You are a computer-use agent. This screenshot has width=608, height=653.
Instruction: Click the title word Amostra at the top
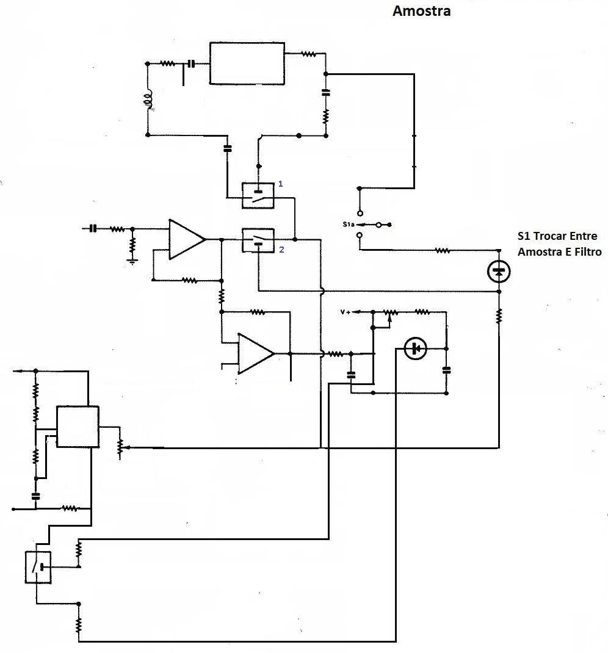point(421,10)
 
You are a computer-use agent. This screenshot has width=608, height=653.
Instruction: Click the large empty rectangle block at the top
point(247,63)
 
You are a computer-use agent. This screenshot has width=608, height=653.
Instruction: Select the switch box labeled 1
point(258,195)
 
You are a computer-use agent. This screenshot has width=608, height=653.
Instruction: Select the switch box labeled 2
point(258,240)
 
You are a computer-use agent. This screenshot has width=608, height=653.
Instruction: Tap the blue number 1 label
point(280,184)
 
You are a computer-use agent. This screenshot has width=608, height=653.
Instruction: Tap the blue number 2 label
point(281,250)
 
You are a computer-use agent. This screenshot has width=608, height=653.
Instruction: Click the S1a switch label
point(348,225)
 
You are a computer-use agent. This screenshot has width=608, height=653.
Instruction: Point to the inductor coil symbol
point(148,100)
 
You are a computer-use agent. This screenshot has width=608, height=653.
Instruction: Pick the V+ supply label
point(346,312)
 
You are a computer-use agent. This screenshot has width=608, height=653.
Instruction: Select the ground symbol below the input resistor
point(132,262)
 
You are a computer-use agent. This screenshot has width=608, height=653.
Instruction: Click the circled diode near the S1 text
point(499,271)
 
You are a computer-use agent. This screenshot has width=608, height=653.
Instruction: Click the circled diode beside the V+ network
point(415,348)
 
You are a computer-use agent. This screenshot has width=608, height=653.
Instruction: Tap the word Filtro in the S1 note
point(588,251)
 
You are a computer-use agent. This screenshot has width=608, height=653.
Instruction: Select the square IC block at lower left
point(78,427)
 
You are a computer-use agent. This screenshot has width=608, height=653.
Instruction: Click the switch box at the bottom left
point(38,567)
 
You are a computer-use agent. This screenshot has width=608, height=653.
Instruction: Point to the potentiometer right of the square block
point(120,447)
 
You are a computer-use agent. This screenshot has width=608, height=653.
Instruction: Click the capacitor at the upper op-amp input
point(93,228)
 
